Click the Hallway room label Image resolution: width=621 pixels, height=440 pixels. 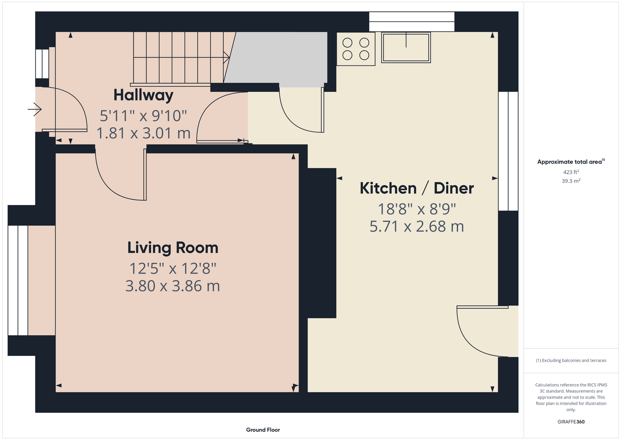(x=143, y=95)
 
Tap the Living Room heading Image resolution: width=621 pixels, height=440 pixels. (x=173, y=248)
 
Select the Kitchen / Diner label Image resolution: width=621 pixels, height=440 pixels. (x=417, y=188)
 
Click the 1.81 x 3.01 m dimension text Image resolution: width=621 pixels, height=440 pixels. (x=143, y=133)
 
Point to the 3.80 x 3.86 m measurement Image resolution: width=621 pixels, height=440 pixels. (x=173, y=286)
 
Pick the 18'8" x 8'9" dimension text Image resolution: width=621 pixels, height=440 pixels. (x=417, y=209)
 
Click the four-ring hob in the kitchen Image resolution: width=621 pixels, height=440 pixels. (x=356, y=49)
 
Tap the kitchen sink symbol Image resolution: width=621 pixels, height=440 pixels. (x=406, y=48)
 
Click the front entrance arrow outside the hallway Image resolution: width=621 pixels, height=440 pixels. (x=35, y=110)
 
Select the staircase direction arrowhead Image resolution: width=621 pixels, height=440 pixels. (x=227, y=58)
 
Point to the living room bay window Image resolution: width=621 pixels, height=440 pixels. (x=18, y=280)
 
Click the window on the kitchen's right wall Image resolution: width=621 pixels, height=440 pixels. (x=508, y=151)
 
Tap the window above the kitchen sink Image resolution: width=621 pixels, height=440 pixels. (x=412, y=22)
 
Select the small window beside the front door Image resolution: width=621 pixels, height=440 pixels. (x=42, y=64)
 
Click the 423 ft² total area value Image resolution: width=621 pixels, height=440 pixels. (x=571, y=172)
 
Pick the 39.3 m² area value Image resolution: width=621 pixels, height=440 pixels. (x=571, y=181)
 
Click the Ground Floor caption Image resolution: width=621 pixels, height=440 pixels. (x=263, y=430)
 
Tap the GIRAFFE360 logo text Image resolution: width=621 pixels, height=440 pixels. (x=571, y=422)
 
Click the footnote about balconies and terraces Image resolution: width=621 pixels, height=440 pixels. (x=571, y=360)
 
